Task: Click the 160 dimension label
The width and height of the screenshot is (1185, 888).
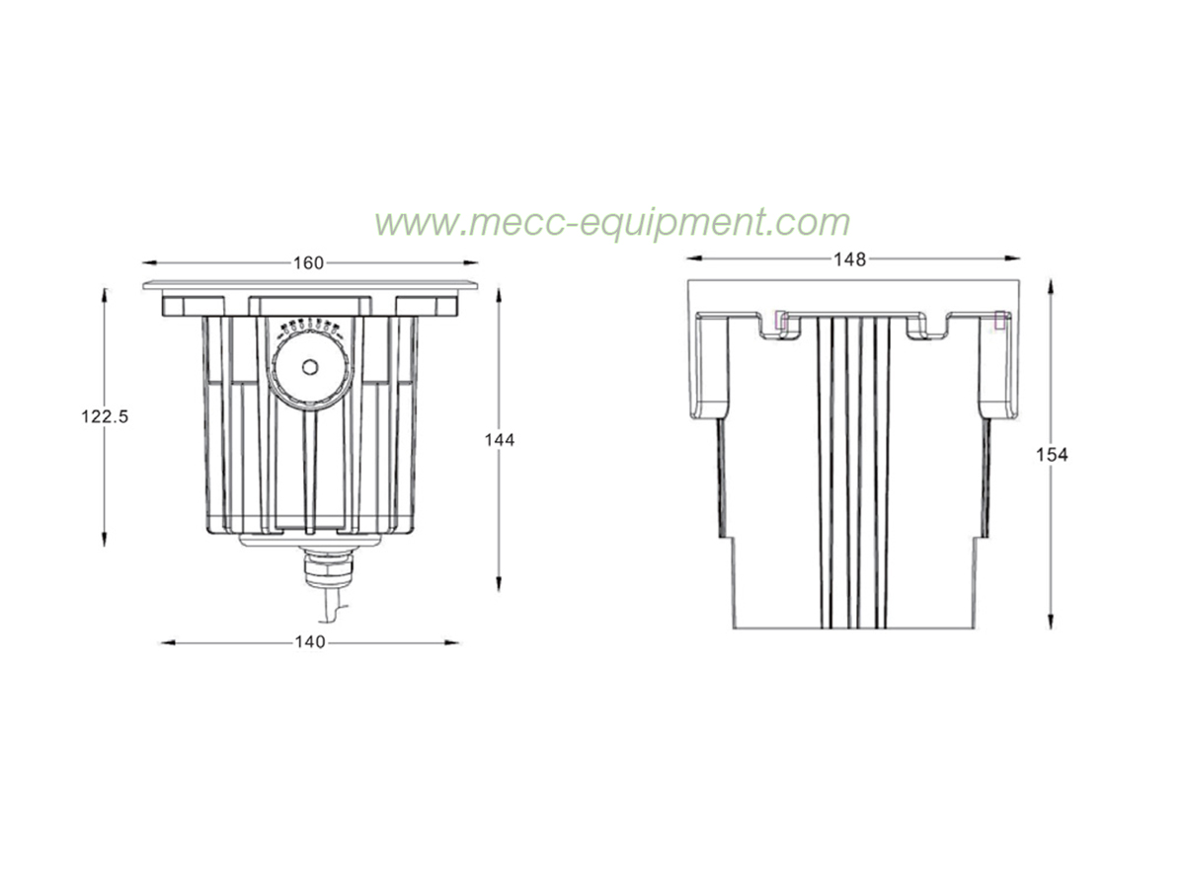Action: pos(308,263)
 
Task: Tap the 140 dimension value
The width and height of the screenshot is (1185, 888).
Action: pos(310,642)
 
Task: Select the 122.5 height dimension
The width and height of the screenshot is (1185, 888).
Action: pos(105,416)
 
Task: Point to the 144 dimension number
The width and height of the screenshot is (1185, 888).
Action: pos(500,440)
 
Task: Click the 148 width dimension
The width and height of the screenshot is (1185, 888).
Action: pos(850,259)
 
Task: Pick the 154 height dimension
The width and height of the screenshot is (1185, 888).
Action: pos(1052,455)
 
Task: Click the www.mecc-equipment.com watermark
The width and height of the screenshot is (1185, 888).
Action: pos(612,223)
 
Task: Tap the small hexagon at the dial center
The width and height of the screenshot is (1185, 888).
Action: pos(310,367)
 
